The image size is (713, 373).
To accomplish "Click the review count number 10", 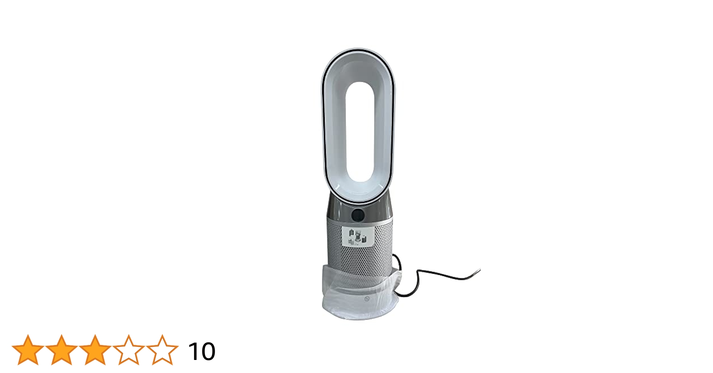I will tap(202, 351).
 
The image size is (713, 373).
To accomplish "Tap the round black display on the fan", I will tap(358, 215).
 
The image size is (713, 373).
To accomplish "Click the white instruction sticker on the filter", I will tap(357, 236).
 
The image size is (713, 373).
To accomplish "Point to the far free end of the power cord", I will tap(479, 270).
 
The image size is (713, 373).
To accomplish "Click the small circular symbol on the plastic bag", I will tap(367, 298).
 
